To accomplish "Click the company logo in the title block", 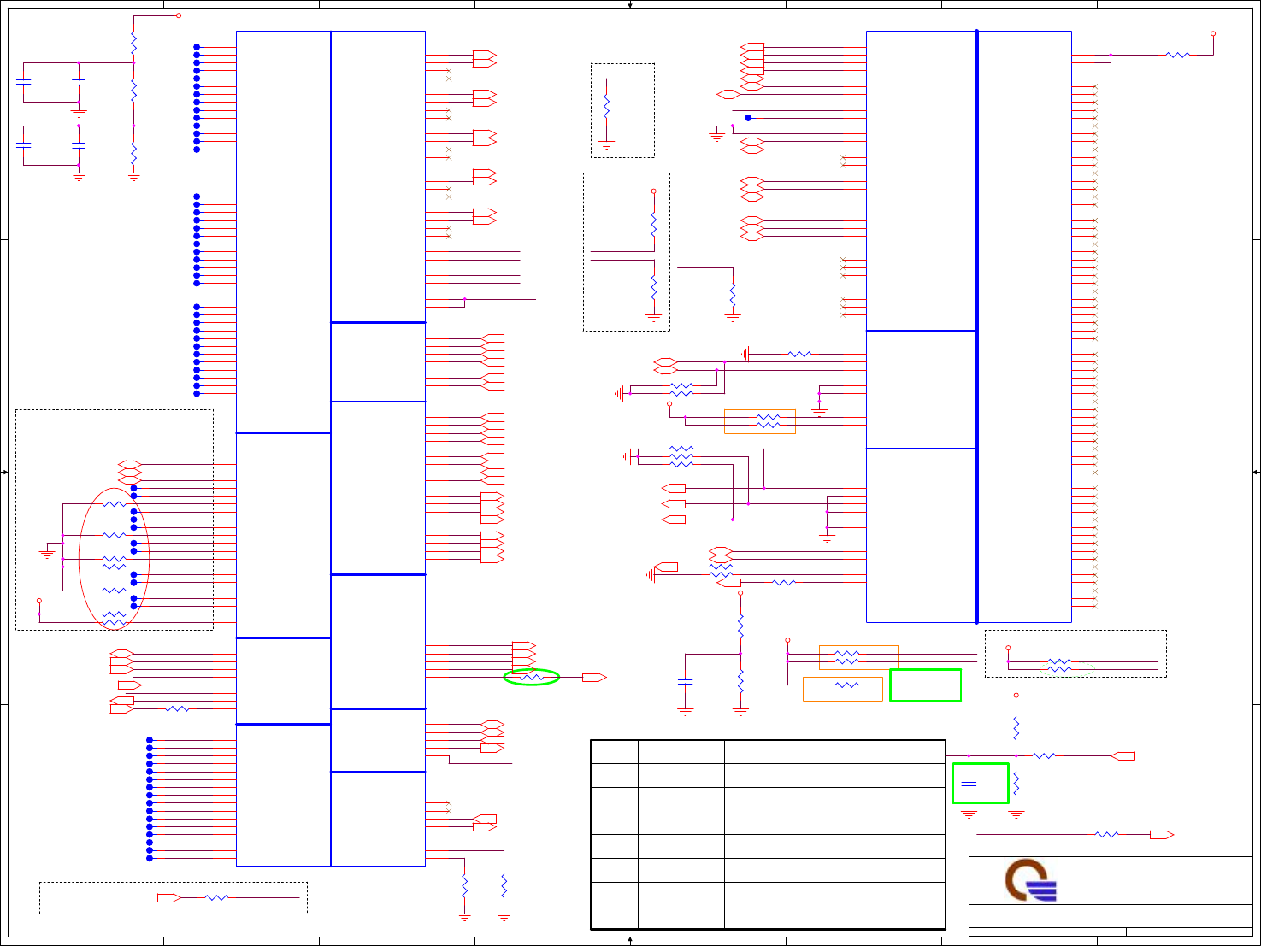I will point(1030,880).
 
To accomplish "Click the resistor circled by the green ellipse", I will point(532,678).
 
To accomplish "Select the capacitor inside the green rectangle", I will point(969,783).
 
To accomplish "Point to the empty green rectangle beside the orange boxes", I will point(925,685).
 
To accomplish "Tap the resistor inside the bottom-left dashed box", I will point(216,898).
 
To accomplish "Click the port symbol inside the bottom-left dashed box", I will point(168,898).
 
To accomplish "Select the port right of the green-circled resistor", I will point(593,678).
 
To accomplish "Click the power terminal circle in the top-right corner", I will point(1213,34).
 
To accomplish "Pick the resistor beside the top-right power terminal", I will point(1177,55).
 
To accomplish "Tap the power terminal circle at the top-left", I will point(178,15).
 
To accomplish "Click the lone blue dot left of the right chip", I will point(748,118).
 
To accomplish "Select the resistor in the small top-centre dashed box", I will point(606,107).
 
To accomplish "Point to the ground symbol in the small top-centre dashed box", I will point(606,145).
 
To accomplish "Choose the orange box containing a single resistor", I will point(842,689).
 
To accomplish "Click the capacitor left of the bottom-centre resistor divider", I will point(685,682).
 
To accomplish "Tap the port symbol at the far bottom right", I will point(1161,835).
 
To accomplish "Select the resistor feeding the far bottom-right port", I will point(1106,835).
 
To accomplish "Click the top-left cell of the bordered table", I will point(614,752).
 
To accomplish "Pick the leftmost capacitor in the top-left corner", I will point(23,82).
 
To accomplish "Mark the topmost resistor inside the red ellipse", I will point(114,505).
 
